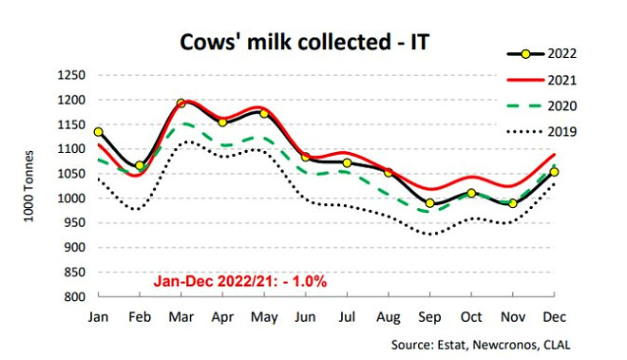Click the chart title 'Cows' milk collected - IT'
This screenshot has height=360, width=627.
tap(305, 42)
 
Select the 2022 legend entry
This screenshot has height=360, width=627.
tap(541, 54)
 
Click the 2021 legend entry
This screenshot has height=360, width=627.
tap(541, 80)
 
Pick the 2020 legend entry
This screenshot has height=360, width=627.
tap(541, 106)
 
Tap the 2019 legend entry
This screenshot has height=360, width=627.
tap(541, 132)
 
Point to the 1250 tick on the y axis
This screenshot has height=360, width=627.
tap(71, 75)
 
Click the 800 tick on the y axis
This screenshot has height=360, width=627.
tap(75, 296)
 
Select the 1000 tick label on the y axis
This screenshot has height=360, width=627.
tap(71, 199)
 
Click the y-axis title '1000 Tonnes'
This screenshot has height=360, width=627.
tap(28, 186)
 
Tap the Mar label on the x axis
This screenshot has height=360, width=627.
tap(181, 317)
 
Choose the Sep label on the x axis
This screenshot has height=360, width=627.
tap(429, 317)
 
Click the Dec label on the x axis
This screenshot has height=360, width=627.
tap(554, 317)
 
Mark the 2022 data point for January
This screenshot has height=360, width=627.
tap(99, 132)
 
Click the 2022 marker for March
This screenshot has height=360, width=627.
tap(181, 104)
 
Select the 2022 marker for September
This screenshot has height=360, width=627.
tap(429, 203)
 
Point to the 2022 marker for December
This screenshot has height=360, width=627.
tap(554, 172)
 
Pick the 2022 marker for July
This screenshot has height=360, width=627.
tap(347, 162)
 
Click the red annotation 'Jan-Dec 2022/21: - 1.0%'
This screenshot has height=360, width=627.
tap(240, 281)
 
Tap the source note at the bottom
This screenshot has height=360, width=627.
tap(481, 345)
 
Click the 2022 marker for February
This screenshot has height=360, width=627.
tap(140, 165)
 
